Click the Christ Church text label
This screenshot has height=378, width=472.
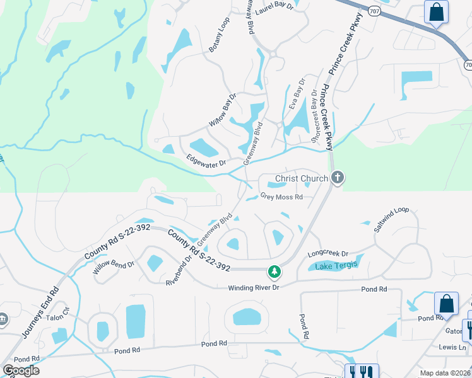click(302, 178)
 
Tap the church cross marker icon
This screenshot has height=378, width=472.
click(338, 178)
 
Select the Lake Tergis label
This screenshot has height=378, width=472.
click(336, 266)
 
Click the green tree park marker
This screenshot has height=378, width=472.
click(274, 272)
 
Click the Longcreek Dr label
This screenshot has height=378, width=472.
click(327, 253)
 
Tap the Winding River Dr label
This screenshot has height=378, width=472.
click(253, 288)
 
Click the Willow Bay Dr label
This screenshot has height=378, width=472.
click(223, 110)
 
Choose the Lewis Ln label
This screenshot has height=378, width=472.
click(452, 347)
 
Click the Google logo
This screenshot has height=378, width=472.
click(21, 370)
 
